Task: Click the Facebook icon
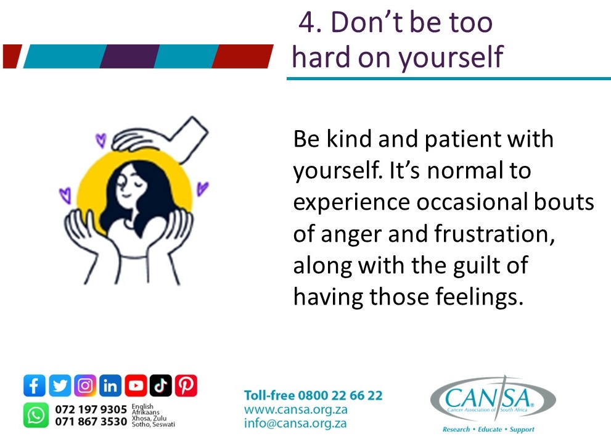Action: pos(35,386)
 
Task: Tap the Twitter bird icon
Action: pos(60,386)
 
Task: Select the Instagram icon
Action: pos(85,386)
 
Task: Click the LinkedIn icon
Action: pos(110,386)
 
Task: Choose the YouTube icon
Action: pos(136,386)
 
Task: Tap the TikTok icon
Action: pos(160,386)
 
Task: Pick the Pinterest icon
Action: pos(186,386)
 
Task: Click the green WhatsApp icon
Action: pos(36,415)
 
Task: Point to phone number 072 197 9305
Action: pos(91,409)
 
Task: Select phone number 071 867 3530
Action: pos(91,422)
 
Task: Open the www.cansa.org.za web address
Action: pos(296,409)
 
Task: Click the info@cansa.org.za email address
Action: pos(295,424)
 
